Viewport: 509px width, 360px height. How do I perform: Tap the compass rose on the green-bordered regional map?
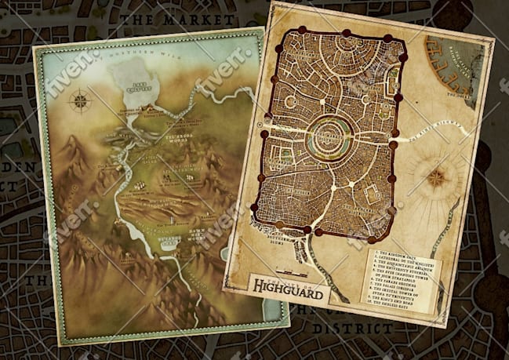pyautogui.click(x=79, y=100)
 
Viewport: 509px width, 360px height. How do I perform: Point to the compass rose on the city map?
pyautogui.click(x=436, y=178)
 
